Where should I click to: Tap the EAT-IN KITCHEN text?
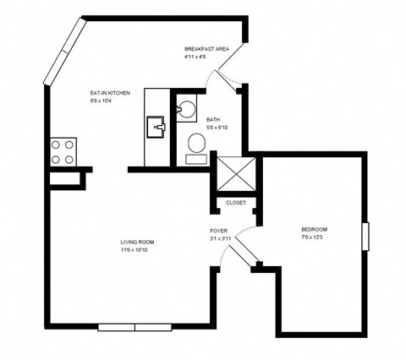tap(110, 92)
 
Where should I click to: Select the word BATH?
tap(213, 119)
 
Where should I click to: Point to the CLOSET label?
tap(236, 203)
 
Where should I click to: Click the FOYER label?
tap(219, 230)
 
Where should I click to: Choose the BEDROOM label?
tap(314, 230)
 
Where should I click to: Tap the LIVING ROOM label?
tap(136, 242)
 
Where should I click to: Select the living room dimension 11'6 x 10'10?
tap(136, 249)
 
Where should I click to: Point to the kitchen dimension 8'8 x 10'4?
tap(103, 101)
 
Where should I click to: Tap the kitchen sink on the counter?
tap(156, 128)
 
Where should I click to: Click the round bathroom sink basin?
tap(184, 107)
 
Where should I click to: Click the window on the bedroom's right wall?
tap(366, 237)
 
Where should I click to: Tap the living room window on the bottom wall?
tap(135, 327)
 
